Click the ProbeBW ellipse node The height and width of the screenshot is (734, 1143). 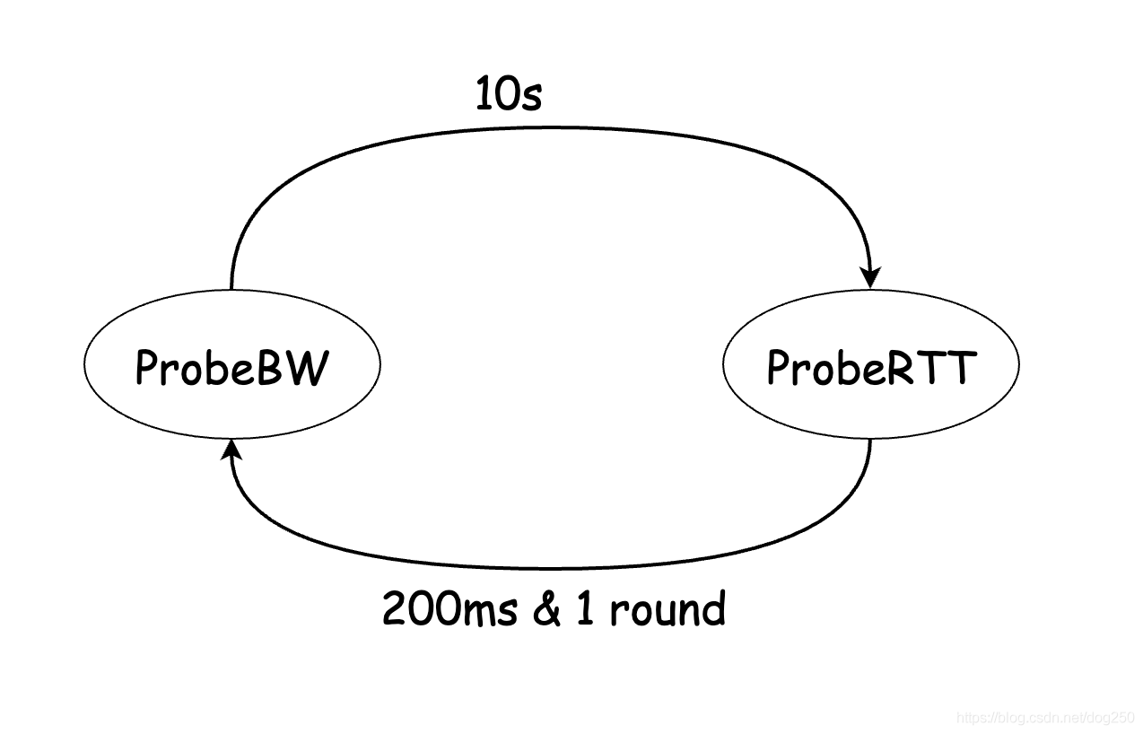tap(232, 364)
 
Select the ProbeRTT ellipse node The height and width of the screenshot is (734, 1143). tap(871, 364)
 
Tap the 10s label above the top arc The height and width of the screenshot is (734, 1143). tap(509, 94)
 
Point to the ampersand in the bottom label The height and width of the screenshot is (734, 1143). tap(546, 608)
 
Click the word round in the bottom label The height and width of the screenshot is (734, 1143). tap(667, 607)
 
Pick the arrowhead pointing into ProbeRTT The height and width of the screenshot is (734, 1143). tap(870, 277)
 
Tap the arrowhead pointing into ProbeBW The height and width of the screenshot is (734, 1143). tap(231, 450)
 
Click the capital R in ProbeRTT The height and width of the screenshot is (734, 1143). tap(901, 368)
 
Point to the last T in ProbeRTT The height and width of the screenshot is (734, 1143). tap(962, 368)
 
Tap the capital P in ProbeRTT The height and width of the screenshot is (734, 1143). tap(778, 368)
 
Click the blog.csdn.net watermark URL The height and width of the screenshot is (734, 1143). tap(1045, 717)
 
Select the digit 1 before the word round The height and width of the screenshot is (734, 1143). tap(585, 608)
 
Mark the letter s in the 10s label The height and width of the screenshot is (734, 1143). tap(532, 99)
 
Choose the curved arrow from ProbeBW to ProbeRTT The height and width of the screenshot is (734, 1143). tap(551, 127)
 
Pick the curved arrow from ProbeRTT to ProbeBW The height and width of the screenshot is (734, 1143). tap(551, 568)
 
